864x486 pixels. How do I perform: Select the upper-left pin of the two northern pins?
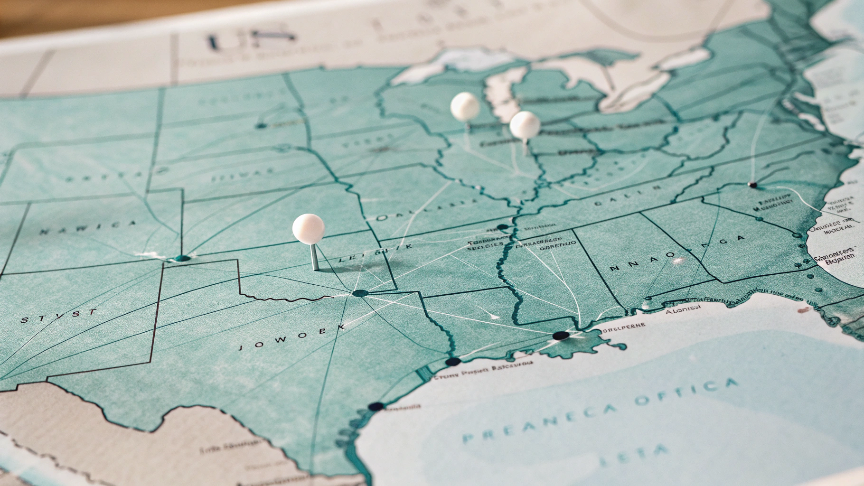[x=465, y=106]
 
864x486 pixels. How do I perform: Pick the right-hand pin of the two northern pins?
[x=525, y=125]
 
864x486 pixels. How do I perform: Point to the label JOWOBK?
[x=291, y=337]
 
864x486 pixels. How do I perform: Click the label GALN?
[x=627, y=195]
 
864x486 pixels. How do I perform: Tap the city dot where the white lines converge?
[x=359, y=293]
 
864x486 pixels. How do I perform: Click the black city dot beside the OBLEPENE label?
[x=561, y=336]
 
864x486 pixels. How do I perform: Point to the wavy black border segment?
[x=285, y=298]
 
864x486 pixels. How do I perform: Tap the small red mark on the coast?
[x=803, y=310]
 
